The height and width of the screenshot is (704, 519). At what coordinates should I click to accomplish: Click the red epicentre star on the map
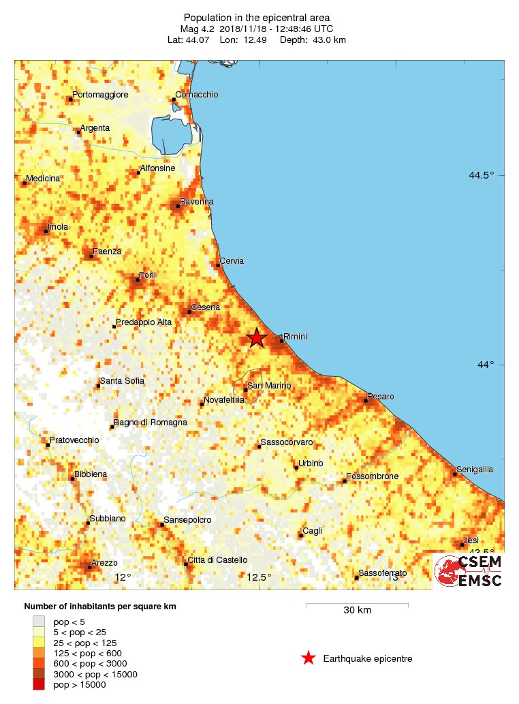pos(257,337)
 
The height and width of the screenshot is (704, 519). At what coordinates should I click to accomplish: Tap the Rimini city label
pos(296,337)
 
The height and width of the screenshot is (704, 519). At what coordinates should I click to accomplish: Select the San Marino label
pos(269,386)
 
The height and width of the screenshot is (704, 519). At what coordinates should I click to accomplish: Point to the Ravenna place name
pos(197,202)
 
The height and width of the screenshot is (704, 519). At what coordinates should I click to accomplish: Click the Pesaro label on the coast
pos(381,397)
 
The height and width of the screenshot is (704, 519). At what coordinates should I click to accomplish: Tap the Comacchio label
pos(197,95)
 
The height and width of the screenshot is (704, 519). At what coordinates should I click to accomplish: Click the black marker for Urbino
pos(296,468)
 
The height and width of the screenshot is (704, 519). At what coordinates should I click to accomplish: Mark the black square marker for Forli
pos(138,279)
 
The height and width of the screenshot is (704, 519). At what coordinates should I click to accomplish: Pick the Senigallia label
pos(475,470)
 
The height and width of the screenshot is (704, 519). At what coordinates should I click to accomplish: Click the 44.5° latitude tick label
pos(482,175)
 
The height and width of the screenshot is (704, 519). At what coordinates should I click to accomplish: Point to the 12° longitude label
pos(123,578)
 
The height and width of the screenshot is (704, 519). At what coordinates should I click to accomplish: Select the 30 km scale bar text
pos(357,610)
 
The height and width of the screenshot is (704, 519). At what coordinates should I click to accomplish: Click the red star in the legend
pos(309,658)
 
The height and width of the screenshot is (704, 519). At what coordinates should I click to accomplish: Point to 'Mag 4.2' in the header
pos(198,29)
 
